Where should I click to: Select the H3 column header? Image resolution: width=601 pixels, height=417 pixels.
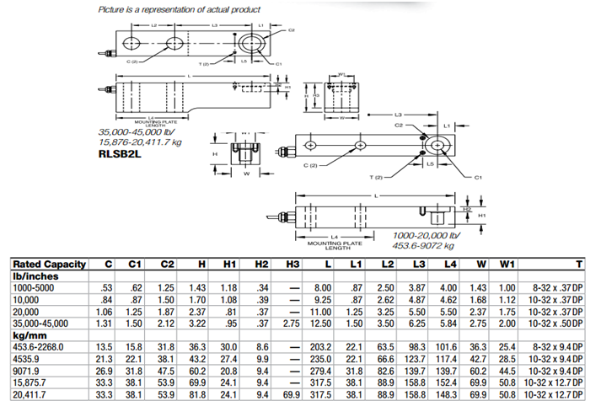(292, 264)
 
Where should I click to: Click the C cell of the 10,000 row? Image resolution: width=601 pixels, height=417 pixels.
(108, 299)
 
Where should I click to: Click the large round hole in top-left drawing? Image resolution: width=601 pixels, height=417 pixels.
(251, 43)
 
